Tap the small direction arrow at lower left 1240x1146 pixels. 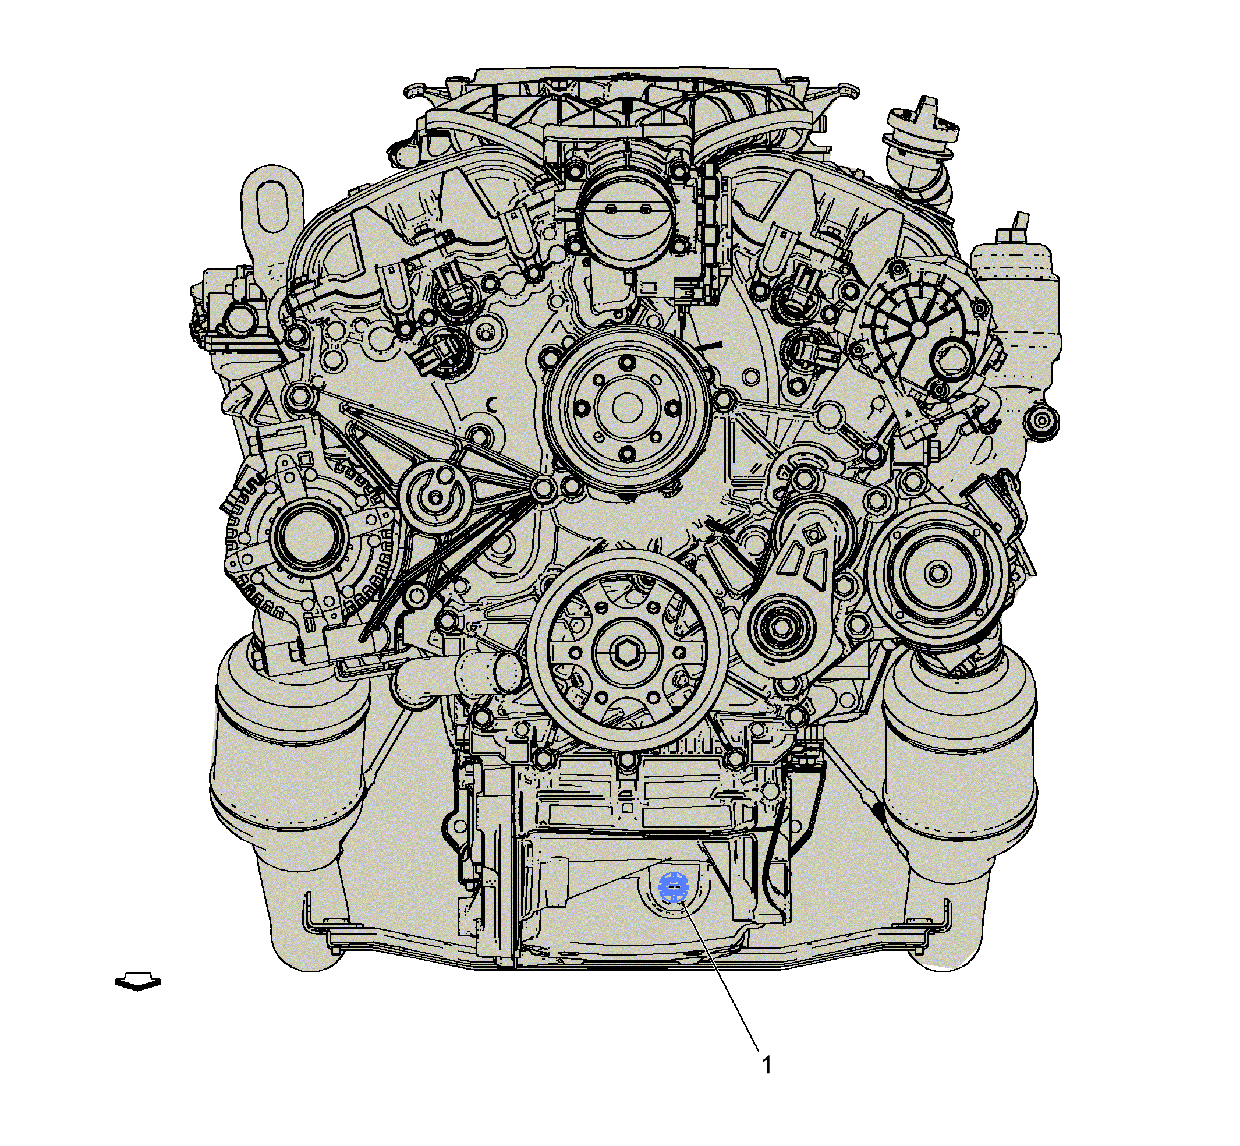[x=137, y=982]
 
